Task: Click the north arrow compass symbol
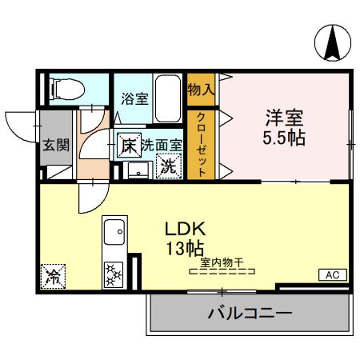click(332, 43)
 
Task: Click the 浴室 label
click(134, 98)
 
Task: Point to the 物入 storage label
click(201, 88)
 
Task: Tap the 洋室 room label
click(285, 115)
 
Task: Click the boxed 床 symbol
click(128, 146)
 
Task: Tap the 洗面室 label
click(162, 146)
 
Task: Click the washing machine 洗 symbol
click(169, 166)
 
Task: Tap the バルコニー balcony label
click(250, 312)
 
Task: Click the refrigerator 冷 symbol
click(54, 278)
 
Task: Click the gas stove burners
click(113, 276)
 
